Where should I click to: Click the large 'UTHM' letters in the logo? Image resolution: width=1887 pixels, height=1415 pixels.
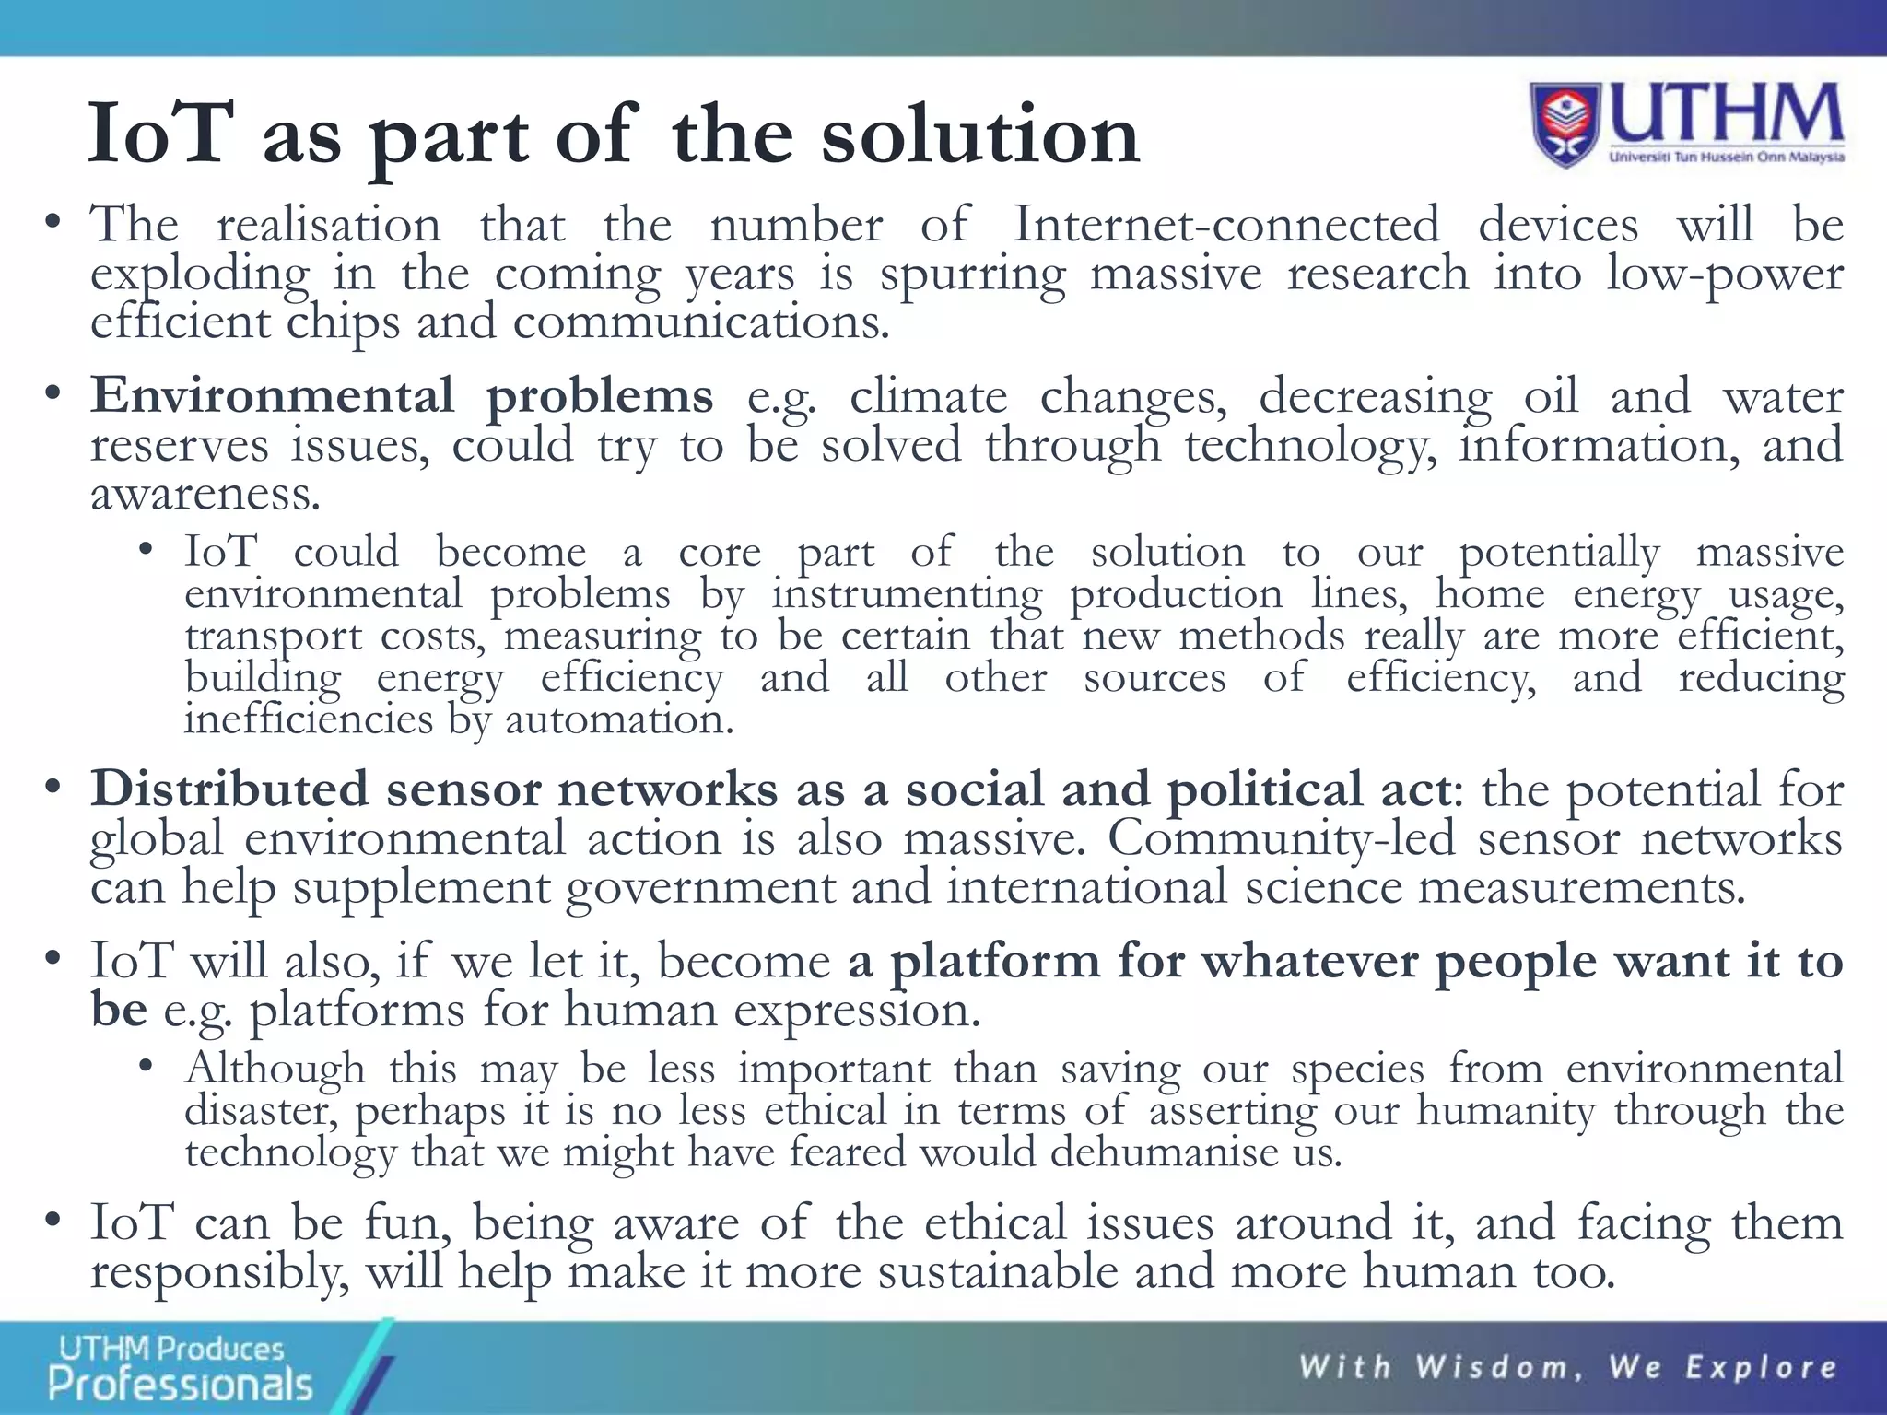point(1725,115)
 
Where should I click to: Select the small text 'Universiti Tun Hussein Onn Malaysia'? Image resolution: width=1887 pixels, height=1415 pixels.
point(1726,158)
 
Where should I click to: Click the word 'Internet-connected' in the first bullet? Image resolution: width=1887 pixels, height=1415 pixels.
point(1225,225)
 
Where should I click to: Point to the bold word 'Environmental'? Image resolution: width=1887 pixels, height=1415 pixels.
point(272,396)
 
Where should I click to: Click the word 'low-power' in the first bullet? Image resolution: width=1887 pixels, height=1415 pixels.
point(1724,275)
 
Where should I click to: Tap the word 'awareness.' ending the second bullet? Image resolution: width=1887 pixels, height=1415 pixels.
point(205,495)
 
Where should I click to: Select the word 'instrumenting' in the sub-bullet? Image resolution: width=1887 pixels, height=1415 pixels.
point(907,594)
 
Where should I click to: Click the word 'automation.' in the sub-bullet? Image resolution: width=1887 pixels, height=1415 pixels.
point(619,719)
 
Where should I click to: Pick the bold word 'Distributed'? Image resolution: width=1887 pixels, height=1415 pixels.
point(229,789)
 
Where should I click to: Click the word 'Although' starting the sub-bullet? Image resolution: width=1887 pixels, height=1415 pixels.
point(275,1069)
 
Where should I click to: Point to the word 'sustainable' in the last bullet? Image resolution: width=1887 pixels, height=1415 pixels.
point(998,1272)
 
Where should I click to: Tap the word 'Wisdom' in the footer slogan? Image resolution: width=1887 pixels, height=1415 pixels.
point(1492,1367)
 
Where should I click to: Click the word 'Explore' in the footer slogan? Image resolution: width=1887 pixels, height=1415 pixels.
point(1761,1367)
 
